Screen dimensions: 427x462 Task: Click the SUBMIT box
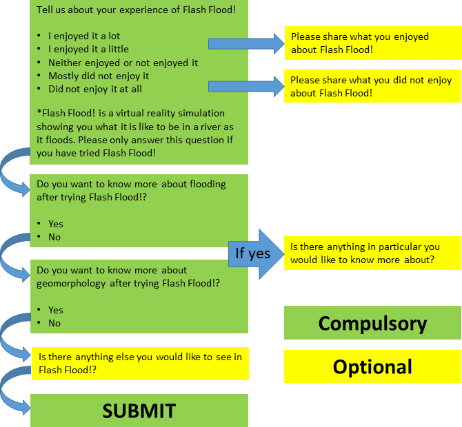click(x=139, y=410)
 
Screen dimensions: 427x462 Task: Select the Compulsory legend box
click(x=372, y=323)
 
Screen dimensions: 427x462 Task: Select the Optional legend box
click(x=372, y=366)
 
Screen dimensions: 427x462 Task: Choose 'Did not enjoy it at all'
click(x=94, y=89)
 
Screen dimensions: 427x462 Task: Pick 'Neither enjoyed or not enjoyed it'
click(x=123, y=63)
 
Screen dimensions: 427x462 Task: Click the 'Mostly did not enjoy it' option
click(x=98, y=76)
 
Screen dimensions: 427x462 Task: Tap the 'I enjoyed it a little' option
click(x=88, y=49)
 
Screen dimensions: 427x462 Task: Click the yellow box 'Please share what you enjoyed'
click(x=372, y=43)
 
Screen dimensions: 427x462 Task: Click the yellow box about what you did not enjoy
click(x=372, y=86)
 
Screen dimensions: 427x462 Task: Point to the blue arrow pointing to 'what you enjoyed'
click(x=245, y=43)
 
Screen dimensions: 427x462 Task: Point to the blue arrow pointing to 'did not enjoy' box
click(x=245, y=86)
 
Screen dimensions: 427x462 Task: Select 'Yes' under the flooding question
click(x=55, y=224)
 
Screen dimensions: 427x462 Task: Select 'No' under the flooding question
click(x=54, y=237)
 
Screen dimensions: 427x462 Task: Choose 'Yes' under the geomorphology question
click(x=55, y=310)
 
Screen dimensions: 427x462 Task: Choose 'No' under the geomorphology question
click(x=54, y=323)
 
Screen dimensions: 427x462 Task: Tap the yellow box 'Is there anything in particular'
click(x=372, y=253)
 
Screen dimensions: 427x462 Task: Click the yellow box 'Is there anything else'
click(x=140, y=363)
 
